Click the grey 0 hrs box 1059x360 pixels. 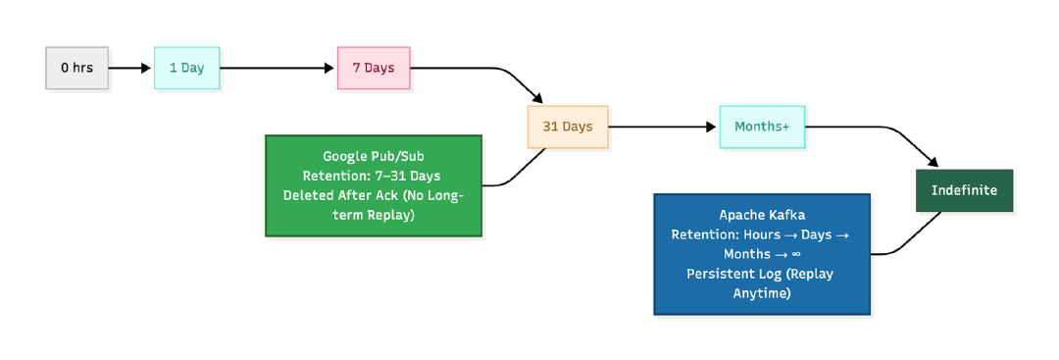[76, 68]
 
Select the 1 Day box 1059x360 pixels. [186, 68]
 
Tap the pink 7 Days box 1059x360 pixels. [374, 68]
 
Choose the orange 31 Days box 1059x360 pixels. [568, 127]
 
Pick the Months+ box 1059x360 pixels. [762, 127]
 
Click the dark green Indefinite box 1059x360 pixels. [964, 190]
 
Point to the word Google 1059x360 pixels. [344, 156]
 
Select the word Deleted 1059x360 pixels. [307, 195]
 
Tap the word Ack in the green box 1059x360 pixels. [384, 195]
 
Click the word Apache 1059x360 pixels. [741, 215]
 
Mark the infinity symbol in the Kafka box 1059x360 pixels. [796, 254]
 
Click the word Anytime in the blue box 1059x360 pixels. [762, 293]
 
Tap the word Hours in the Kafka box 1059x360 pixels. [763, 234]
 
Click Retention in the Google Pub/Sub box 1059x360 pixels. [333, 176]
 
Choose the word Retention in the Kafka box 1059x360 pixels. [702, 234]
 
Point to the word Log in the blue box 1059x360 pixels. [770, 274]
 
